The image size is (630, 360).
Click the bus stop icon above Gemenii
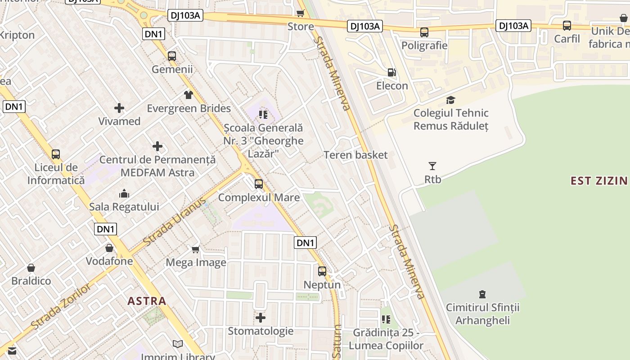[172, 56]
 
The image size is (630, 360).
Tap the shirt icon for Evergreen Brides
[188, 95]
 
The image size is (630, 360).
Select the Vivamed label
[119, 121]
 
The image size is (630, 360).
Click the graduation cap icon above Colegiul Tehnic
[450, 100]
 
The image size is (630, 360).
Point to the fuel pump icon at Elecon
[392, 72]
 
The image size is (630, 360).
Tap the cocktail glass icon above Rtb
[432, 166]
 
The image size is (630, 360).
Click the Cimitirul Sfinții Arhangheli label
[482, 314]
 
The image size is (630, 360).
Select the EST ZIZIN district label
[598, 181]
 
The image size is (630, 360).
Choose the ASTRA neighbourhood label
[147, 301]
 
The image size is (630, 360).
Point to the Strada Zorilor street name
[61, 306]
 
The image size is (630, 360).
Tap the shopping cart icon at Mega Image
[196, 249]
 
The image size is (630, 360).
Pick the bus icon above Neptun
[322, 271]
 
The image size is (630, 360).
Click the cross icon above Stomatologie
[261, 318]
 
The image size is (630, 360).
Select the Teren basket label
[355, 155]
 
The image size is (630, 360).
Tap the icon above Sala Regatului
[124, 194]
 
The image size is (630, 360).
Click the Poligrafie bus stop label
[424, 45]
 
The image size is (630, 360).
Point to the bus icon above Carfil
[567, 26]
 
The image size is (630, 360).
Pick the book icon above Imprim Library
[178, 344]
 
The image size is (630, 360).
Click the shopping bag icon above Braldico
[31, 268]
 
